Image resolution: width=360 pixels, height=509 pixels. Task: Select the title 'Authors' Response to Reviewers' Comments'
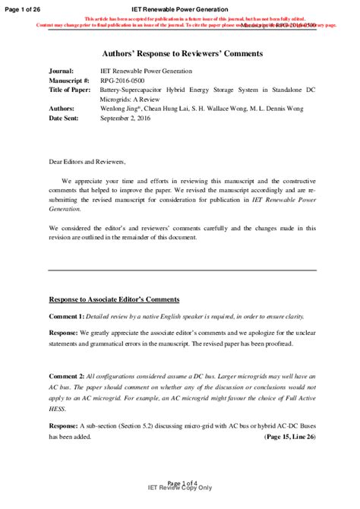point(182,54)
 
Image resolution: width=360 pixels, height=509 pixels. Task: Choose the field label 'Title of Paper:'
point(71,90)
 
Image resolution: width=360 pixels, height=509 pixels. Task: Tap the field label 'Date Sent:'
point(66,119)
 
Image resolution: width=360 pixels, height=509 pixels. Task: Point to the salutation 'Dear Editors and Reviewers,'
point(87,162)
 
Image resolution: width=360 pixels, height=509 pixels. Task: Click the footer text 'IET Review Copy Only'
point(180,488)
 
